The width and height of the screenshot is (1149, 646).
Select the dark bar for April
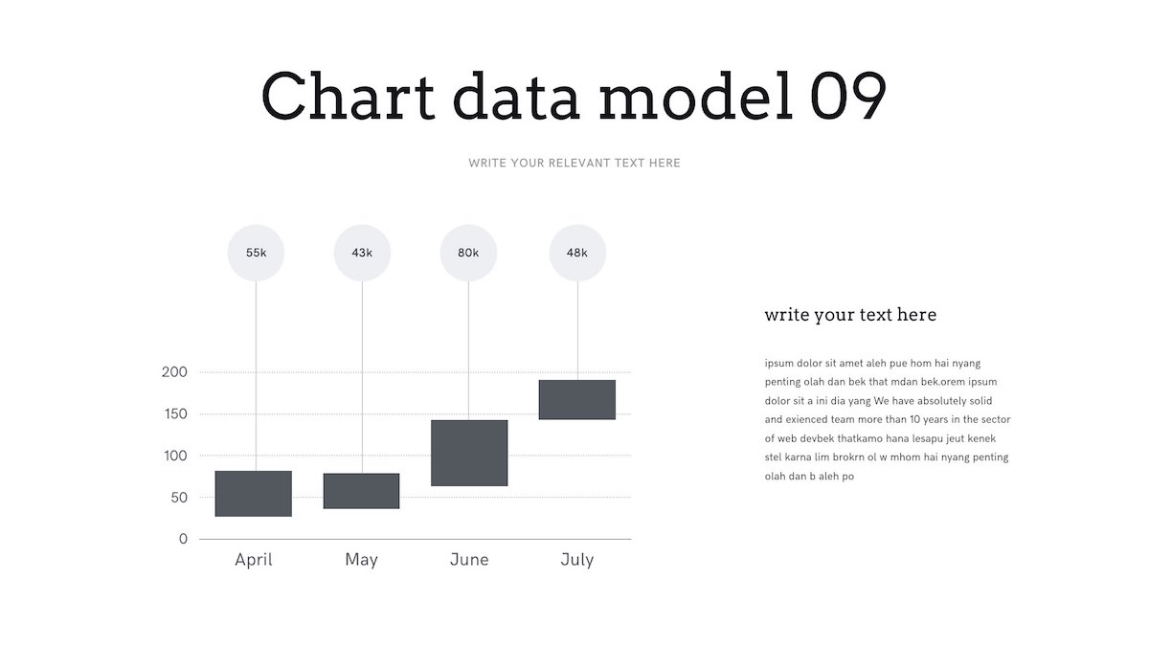254,494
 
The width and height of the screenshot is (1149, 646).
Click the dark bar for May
361,491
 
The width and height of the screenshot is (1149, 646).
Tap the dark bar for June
469,454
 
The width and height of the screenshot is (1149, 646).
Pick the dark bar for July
577,400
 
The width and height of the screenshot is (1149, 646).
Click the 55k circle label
256,253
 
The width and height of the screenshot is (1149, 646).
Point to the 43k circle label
362,253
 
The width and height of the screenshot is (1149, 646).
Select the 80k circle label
468,253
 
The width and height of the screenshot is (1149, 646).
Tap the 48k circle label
577,253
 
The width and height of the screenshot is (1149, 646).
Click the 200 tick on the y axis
174,372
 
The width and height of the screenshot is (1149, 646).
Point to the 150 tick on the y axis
175,413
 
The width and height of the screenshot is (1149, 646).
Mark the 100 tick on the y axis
175,456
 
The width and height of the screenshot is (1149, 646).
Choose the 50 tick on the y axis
179,498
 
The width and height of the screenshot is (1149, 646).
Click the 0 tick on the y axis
183,539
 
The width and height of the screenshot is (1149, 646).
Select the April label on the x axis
254,560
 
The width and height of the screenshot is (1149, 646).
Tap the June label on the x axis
469,559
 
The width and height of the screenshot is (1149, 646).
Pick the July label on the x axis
577,560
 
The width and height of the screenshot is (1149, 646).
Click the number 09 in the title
848,96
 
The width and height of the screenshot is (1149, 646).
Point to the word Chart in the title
349,96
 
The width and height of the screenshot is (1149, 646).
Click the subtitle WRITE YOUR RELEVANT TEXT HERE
574,163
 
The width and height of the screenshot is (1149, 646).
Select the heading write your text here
850,315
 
